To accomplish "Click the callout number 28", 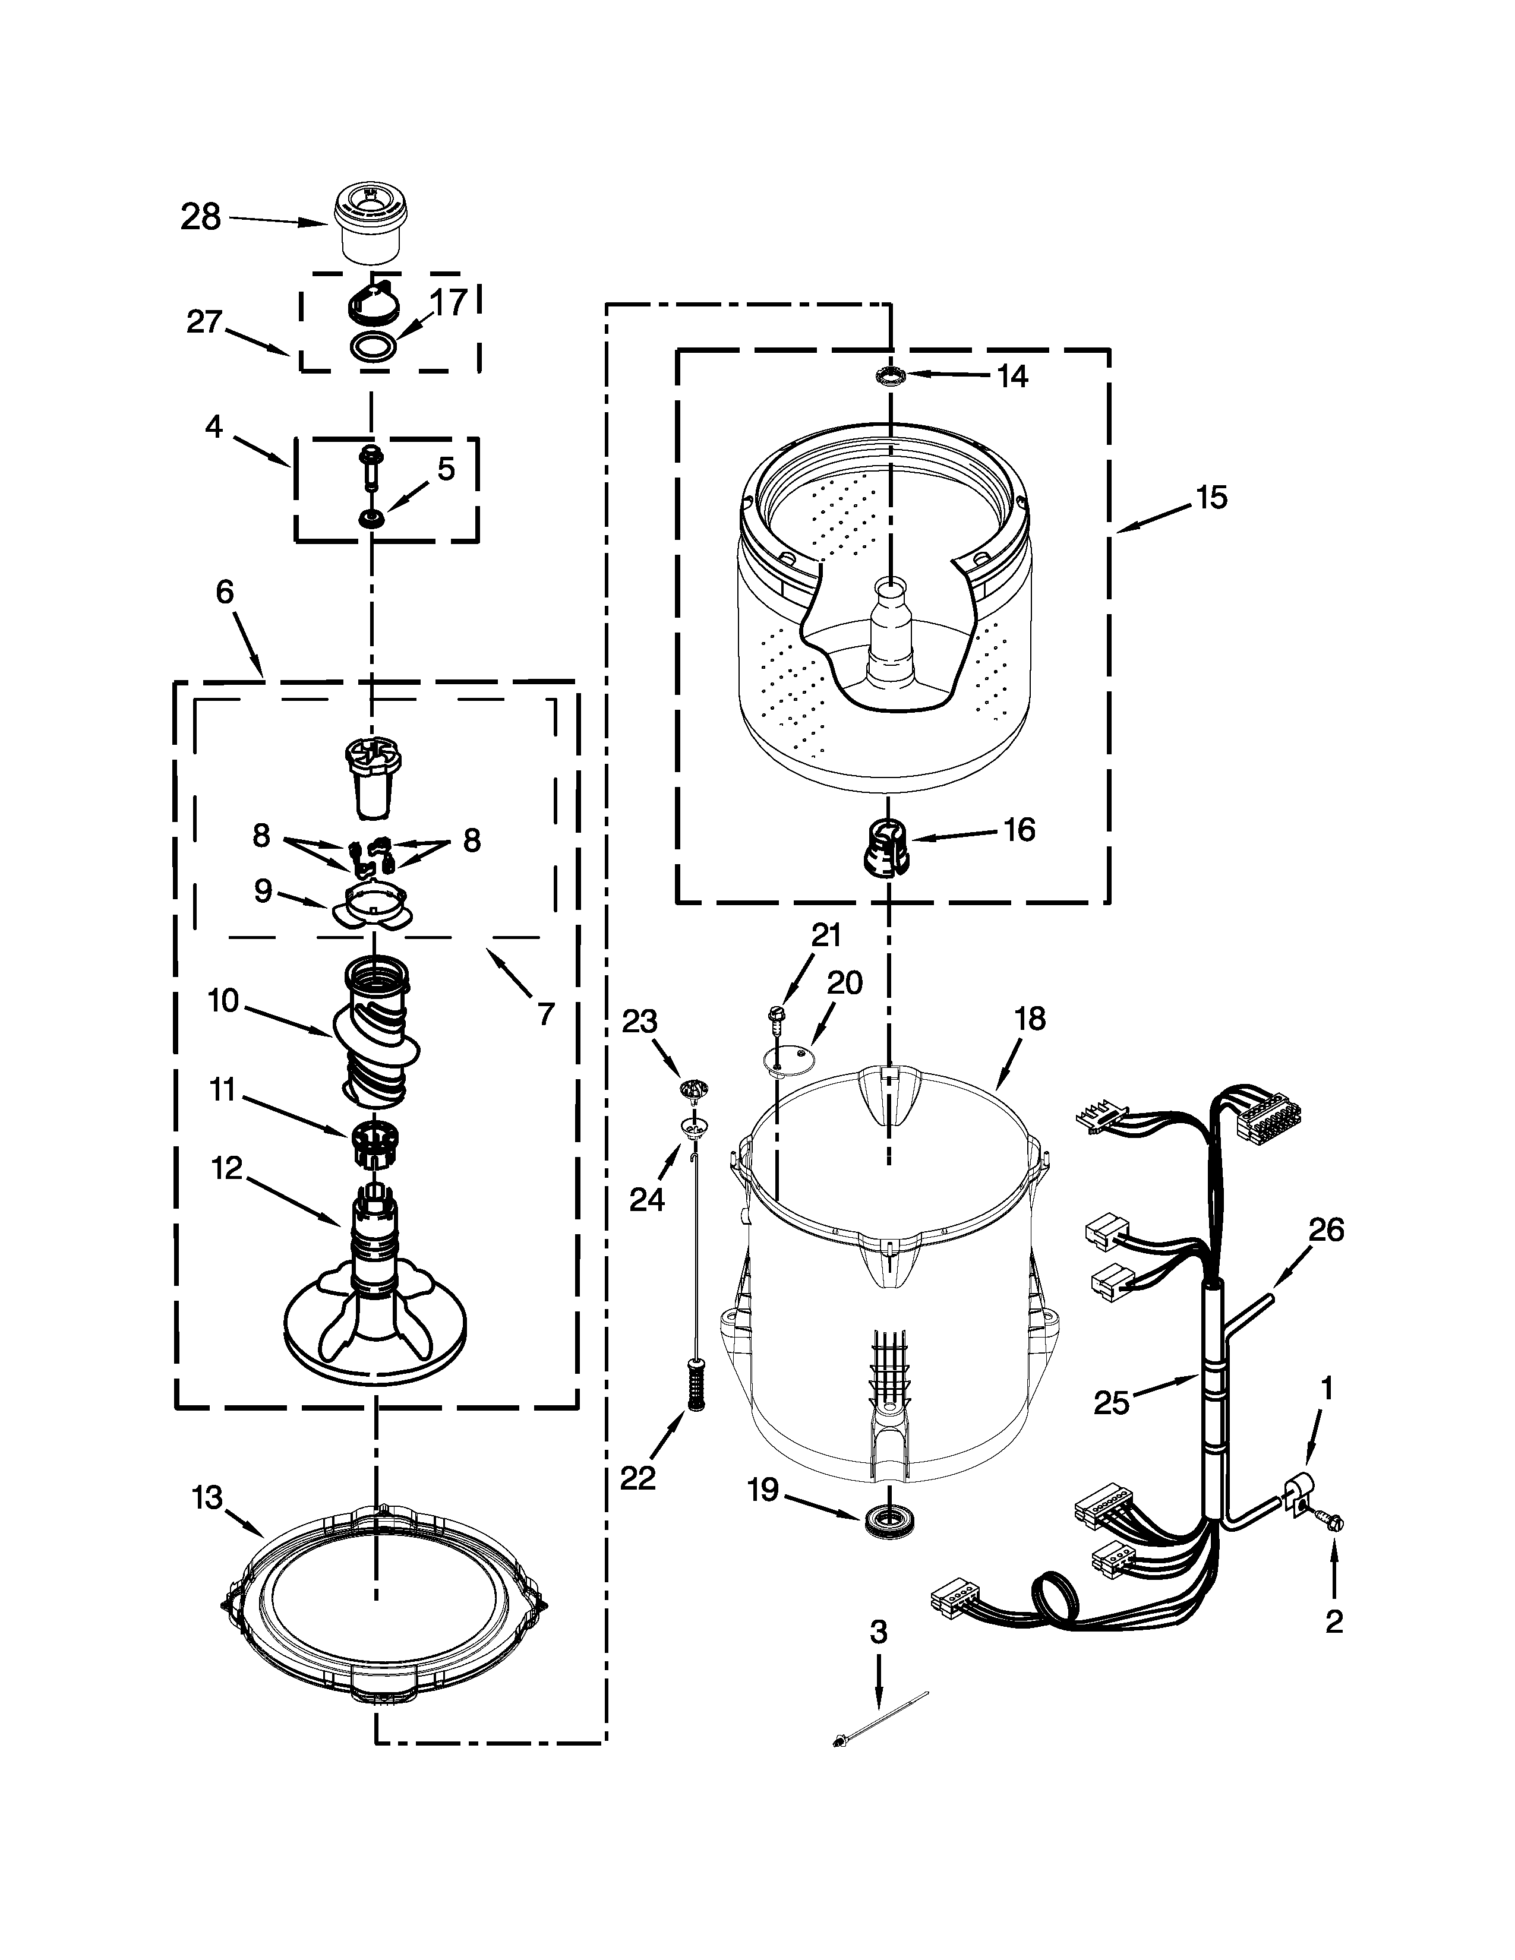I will pyautogui.click(x=200, y=217).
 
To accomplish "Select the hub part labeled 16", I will pyautogui.click(x=886, y=847).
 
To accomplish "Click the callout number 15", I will pyautogui.click(x=1211, y=497).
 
